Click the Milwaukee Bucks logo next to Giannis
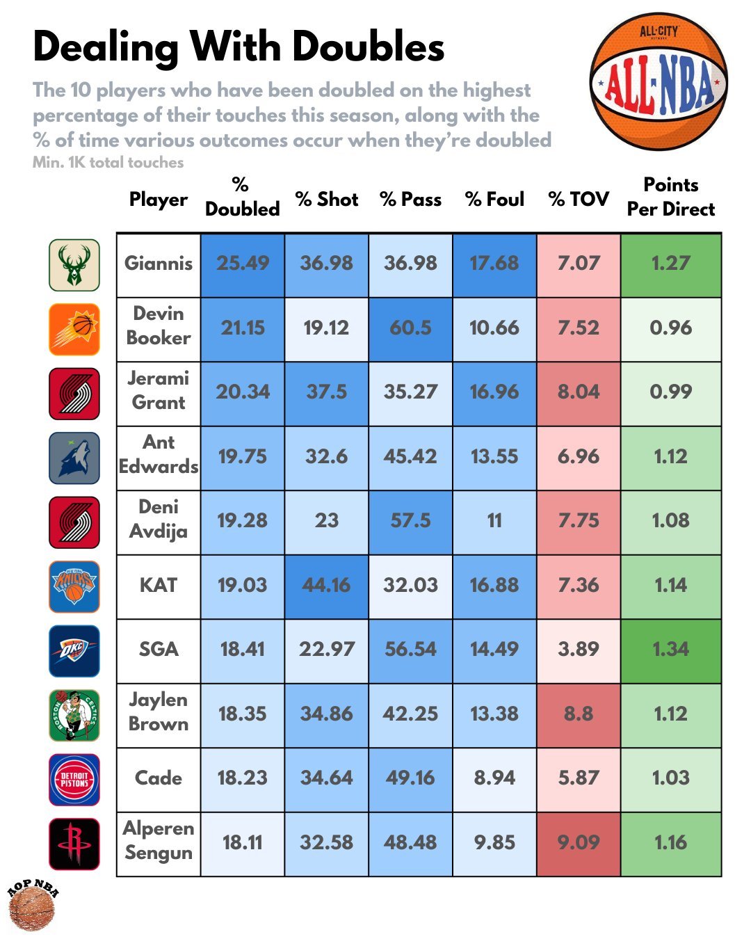pos(74,265)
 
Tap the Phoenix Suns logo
pos(74,329)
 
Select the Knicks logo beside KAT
pos(74,586)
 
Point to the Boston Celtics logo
pos(74,715)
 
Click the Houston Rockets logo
pos(74,844)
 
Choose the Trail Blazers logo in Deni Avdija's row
pos(74,522)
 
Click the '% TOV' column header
pos(578,200)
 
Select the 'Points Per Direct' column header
pos(670,197)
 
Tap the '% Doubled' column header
pos(242,197)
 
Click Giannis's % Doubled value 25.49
pos(242,264)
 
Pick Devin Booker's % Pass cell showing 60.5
pos(410,328)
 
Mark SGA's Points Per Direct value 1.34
pos(670,650)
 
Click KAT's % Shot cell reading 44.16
pos(326,586)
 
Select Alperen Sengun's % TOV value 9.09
pos(578,843)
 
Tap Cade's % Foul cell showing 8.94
pos(494,778)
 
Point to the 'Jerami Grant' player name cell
pos(159,391)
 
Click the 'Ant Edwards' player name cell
pos(159,455)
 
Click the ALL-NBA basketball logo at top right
pos(659,81)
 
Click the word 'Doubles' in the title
pos(368,47)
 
